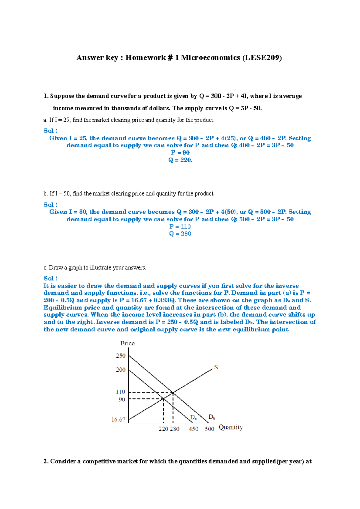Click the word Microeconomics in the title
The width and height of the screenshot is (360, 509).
pos(210,58)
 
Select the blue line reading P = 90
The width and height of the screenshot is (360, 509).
pos(180,153)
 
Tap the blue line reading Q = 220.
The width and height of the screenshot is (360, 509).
pos(180,160)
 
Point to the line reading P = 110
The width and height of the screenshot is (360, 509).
pos(180,227)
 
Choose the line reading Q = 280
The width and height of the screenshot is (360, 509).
pos(180,234)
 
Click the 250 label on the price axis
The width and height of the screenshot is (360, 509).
pos(121,356)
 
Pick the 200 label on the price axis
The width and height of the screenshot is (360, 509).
pos(121,370)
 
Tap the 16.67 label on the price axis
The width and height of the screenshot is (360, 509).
pos(118,420)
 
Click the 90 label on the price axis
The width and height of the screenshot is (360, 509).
pos(122,400)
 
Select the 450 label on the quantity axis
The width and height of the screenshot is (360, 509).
pos(193,429)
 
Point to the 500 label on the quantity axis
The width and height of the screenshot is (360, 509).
pos(209,429)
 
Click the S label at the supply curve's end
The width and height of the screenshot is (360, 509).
pos(216,368)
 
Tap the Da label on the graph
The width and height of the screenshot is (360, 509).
pos(193,418)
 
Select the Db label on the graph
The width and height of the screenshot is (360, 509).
pos(212,417)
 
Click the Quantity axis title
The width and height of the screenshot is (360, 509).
pos(230,427)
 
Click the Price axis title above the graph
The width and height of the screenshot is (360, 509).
pos(127,344)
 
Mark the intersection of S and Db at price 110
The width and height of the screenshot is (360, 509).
pos(173,393)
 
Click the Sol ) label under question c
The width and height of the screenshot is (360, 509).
pos(50,278)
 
